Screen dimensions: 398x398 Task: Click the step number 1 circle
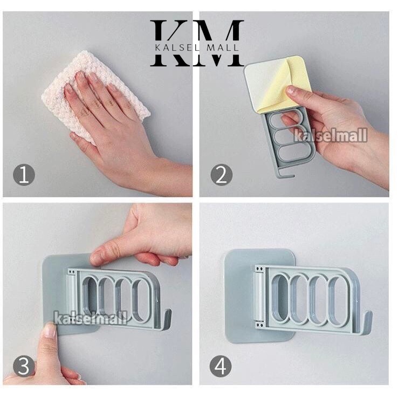pos(24,175)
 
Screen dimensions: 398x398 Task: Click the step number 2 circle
pos(221,175)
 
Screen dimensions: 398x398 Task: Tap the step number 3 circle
pos(24,366)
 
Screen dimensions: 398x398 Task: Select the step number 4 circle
pos(221,366)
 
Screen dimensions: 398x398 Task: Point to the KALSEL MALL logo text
pos(197,47)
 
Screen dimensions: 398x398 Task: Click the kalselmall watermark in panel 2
pos(331,135)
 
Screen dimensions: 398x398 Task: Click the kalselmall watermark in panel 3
pos(91,318)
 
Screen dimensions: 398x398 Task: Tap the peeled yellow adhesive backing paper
pos(287,84)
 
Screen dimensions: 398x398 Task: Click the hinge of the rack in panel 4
pos(259,296)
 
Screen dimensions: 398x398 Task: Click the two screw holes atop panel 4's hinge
pos(259,269)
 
